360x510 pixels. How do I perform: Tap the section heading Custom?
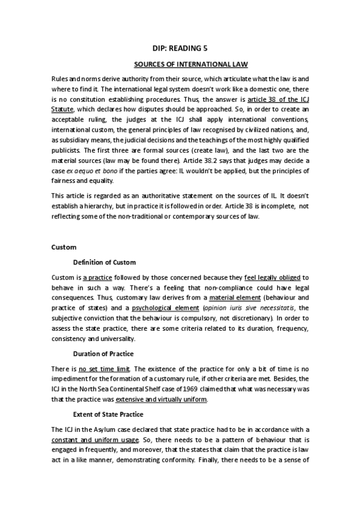[x=63, y=247]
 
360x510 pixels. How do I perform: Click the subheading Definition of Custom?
[x=105, y=262]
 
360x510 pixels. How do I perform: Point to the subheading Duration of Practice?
[x=103, y=353]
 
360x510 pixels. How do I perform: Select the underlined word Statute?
[x=63, y=109]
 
